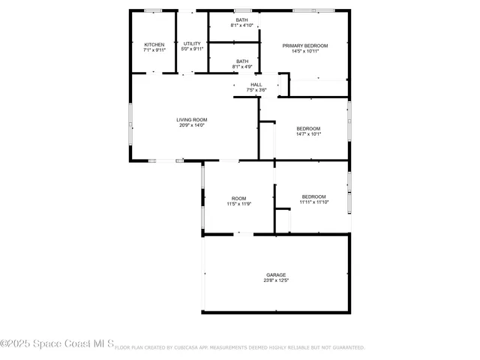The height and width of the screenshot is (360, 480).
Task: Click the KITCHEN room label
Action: (154, 44)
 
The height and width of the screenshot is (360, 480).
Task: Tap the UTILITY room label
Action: (192, 43)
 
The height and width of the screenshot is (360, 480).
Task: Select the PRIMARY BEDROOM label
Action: (304, 46)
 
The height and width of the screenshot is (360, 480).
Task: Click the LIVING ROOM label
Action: (192, 120)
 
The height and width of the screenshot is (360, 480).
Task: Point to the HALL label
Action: (256, 85)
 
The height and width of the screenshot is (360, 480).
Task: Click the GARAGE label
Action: (276, 275)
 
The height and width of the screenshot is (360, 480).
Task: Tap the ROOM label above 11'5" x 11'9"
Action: (238, 198)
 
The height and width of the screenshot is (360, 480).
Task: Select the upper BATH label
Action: (242, 20)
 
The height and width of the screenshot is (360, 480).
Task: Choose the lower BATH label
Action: (242, 61)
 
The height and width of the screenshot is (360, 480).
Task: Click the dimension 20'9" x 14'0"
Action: (192, 125)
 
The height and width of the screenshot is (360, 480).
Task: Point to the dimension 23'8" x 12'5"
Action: (276, 280)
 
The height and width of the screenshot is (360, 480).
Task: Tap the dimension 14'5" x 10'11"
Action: (304, 51)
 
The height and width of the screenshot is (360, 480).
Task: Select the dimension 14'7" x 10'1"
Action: (308, 133)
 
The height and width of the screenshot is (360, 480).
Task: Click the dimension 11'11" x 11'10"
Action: (313, 202)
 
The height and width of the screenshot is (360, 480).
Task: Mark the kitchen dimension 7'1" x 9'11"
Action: (154, 49)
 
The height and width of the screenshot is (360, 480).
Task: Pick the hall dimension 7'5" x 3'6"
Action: (256, 90)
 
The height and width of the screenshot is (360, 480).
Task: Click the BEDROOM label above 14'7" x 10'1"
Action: (308, 128)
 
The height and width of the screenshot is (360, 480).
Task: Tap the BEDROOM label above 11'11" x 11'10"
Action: (313, 196)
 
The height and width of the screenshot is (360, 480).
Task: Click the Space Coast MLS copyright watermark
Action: (57, 344)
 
